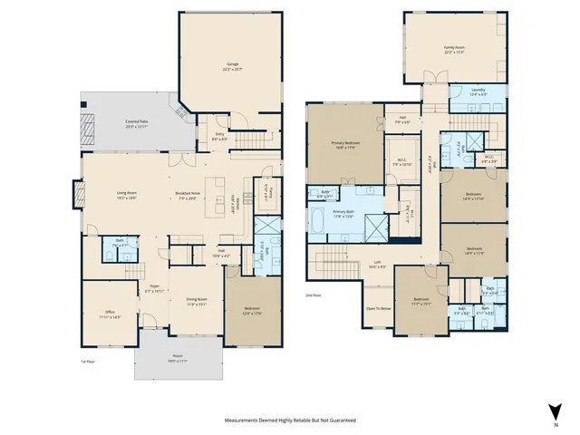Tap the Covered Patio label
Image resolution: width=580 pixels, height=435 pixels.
point(138,123)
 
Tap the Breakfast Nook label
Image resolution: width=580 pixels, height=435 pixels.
point(188,194)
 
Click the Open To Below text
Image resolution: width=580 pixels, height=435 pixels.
point(379,308)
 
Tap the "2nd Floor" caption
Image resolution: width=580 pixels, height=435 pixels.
point(314,295)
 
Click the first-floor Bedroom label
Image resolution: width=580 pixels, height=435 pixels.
point(251,311)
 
